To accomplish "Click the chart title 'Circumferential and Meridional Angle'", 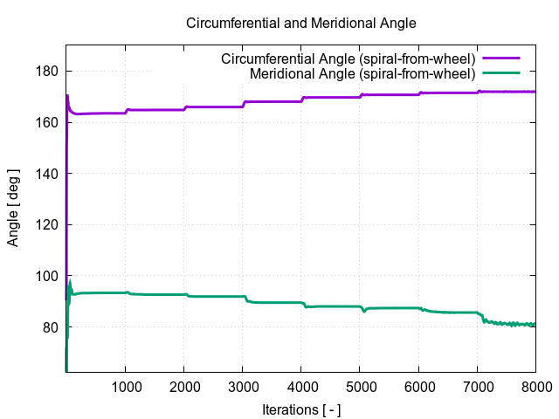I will tap(301, 23).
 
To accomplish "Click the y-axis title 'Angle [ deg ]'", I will tap(13, 209).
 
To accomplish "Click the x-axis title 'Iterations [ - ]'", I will tap(301, 409).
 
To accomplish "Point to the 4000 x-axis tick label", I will tap(301, 387).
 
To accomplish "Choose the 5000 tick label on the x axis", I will tap(360, 387).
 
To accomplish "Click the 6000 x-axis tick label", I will tap(418, 387).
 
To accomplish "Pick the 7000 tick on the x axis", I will tap(477, 387).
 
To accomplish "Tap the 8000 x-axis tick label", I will tap(535, 387).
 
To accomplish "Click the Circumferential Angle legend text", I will tap(348, 59).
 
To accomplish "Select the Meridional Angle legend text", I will tap(362, 73).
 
